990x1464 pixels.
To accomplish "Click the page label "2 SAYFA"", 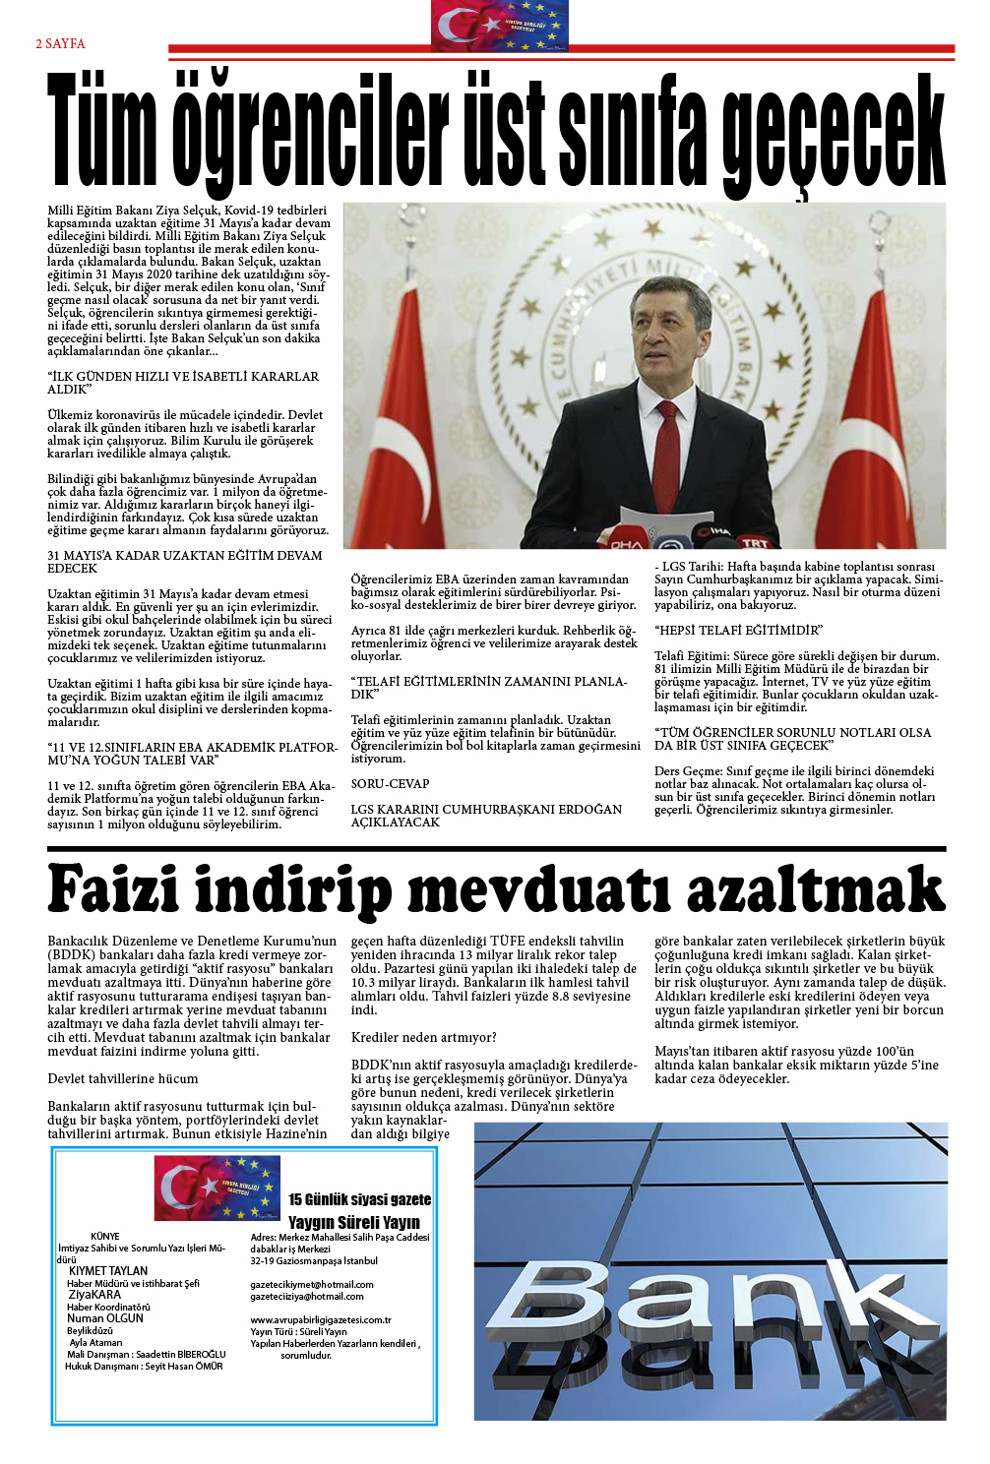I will click(60, 43).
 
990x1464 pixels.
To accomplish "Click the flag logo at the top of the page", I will click(499, 27).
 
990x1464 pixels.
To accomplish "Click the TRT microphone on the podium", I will click(753, 540).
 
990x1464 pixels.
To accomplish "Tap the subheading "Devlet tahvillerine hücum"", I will click(123, 1078).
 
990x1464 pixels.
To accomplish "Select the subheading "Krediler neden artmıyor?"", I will click(424, 1037).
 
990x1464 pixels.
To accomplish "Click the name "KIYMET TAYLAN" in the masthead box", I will click(108, 1271).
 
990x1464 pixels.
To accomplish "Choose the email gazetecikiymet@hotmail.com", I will click(312, 1284).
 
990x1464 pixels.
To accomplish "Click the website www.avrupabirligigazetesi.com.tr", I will click(321, 1319).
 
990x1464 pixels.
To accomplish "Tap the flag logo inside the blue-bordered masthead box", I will click(217, 1188).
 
